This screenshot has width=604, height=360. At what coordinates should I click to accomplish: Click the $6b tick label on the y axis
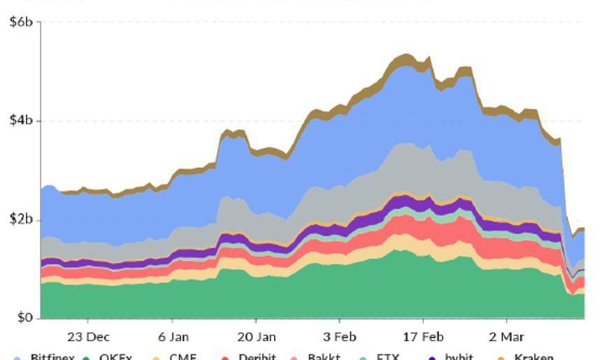[20, 22]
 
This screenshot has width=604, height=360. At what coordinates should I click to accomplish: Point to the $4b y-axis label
[20, 121]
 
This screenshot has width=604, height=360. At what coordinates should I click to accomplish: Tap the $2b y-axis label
[20, 219]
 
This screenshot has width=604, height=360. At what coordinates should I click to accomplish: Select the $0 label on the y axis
[24, 318]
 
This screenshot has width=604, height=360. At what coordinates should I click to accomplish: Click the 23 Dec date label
[88, 336]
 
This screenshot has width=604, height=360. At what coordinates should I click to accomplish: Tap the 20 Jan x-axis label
[257, 336]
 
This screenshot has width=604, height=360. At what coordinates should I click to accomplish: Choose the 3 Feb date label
[340, 336]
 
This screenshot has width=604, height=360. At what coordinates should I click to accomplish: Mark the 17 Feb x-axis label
[423, 336]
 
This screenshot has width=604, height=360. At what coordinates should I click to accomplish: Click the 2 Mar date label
[506, 336]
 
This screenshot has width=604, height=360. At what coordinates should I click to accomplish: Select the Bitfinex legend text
[52, 357]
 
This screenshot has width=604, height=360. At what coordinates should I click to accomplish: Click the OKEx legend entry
[115, 357]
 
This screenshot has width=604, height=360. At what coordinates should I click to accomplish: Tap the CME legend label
[184, 357]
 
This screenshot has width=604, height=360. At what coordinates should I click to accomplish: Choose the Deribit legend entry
[257, 357]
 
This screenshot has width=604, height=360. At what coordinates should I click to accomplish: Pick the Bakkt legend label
[324, 357]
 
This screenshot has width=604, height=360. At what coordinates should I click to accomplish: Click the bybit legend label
[459, 357]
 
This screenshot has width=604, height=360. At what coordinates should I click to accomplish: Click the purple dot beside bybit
[432, 358]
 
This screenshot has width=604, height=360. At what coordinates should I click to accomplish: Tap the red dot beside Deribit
[224, 358]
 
